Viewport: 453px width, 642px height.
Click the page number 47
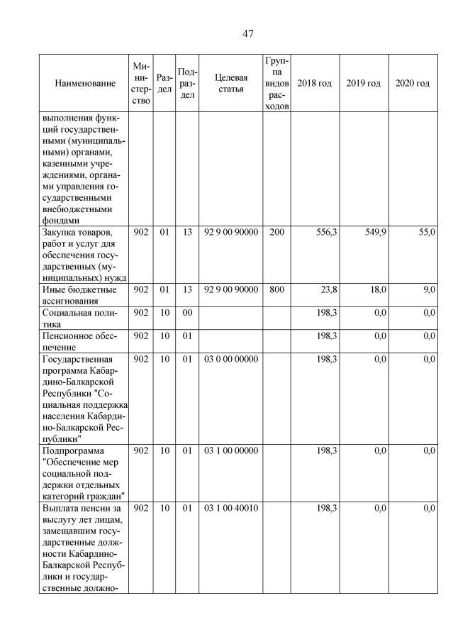pos(247,33)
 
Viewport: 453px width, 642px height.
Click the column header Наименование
pos(84,84)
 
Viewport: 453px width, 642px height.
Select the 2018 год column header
pos(314,84)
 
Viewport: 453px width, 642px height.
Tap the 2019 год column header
pos(363,84)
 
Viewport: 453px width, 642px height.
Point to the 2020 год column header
pos(412,84)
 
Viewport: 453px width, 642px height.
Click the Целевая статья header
pos(230,83)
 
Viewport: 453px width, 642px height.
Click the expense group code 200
pos(276,233)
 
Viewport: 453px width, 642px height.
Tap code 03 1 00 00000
pos(230,450)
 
